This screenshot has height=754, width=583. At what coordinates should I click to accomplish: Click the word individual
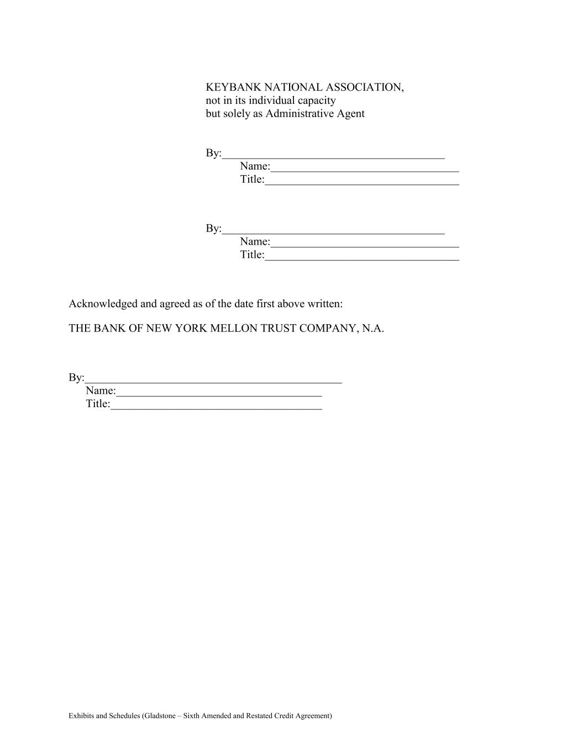click(271, 101)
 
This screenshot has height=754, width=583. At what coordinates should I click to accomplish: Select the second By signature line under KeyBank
click(333, 231)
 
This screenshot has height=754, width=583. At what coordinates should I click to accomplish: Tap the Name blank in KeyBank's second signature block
click(365, 244)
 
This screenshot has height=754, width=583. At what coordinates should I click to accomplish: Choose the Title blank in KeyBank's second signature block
click(362, 257)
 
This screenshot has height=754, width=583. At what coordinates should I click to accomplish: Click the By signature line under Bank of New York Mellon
click(213, 380)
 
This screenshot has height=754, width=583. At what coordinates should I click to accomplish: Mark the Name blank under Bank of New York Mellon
click(219, 393)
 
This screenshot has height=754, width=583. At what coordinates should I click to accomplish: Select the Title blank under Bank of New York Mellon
click(216, 407)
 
